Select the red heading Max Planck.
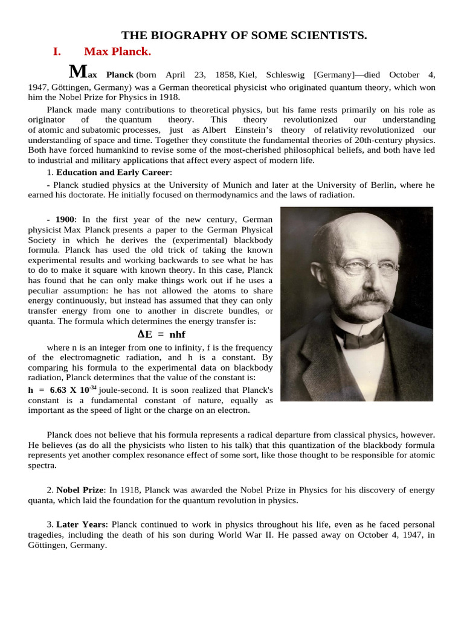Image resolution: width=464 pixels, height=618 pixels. point(117,51)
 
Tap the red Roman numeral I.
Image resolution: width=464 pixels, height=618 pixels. point(57,51)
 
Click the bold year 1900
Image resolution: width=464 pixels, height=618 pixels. point(65,219)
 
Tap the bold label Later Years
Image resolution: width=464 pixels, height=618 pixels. point(81,524)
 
